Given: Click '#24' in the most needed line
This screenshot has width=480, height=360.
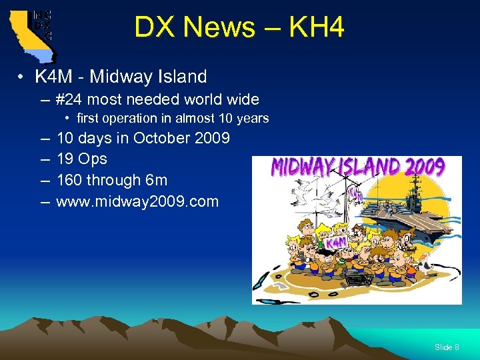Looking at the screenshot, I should (x=71, y=100).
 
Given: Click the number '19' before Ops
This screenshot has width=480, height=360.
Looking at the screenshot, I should (x=65, y=159).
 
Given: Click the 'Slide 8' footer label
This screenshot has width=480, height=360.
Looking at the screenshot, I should (x=447, y=347).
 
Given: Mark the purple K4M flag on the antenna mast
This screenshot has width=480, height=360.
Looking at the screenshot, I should (x=356, y=195).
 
